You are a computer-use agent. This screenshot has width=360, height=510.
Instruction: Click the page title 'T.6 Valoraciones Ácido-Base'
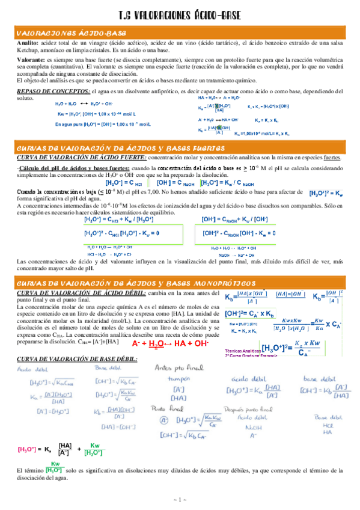coord(180,14)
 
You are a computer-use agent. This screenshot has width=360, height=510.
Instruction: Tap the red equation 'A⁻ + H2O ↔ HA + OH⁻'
coord(170,343)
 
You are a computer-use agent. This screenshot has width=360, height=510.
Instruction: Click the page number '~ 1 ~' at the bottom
coord(180,499)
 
